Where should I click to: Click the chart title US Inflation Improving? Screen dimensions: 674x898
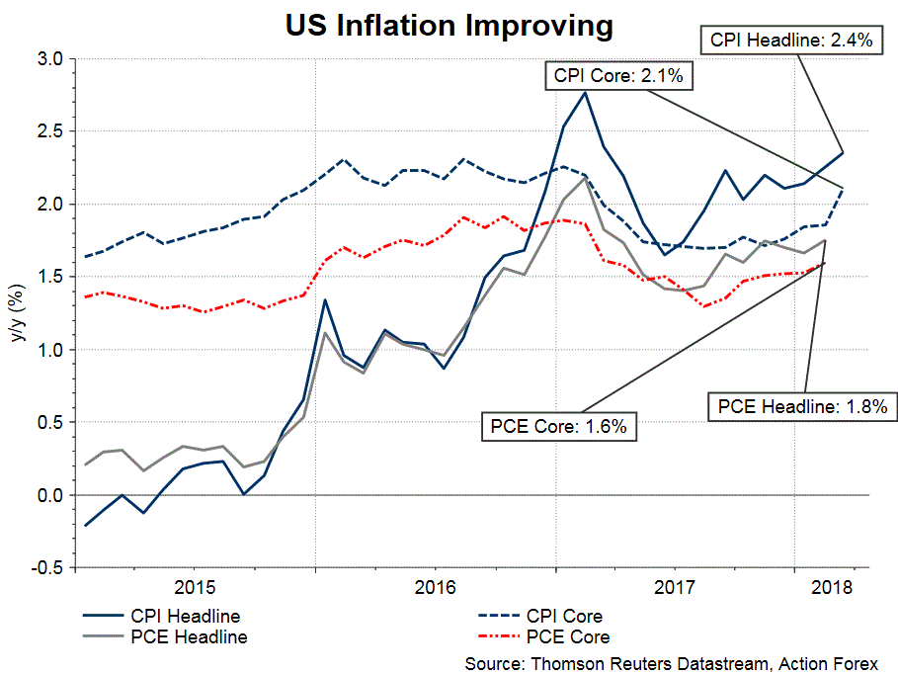tap(449, 25)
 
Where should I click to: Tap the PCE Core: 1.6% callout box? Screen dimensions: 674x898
tap(558, 427)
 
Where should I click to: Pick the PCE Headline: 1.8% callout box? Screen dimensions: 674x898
tap(803, 405)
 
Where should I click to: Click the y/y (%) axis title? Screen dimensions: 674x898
tap(17, 314)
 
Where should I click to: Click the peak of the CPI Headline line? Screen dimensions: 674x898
tap(586, 93)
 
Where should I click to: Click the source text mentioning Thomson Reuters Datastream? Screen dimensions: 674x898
tap(671, 663)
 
